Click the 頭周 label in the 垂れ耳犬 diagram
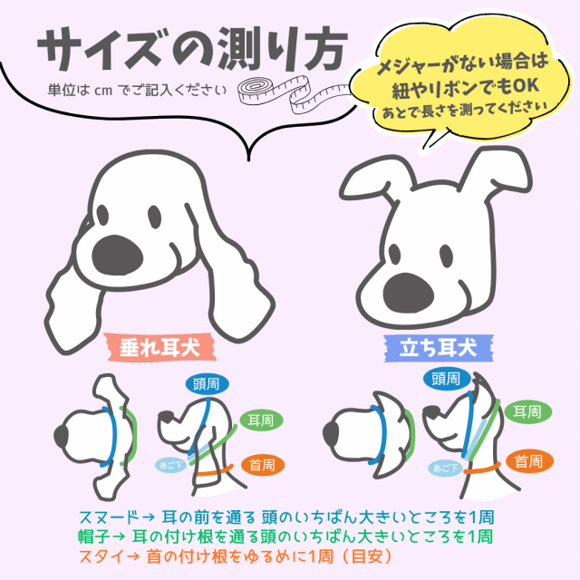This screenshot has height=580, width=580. point(207,382)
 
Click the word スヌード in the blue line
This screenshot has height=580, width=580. point(107,516)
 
